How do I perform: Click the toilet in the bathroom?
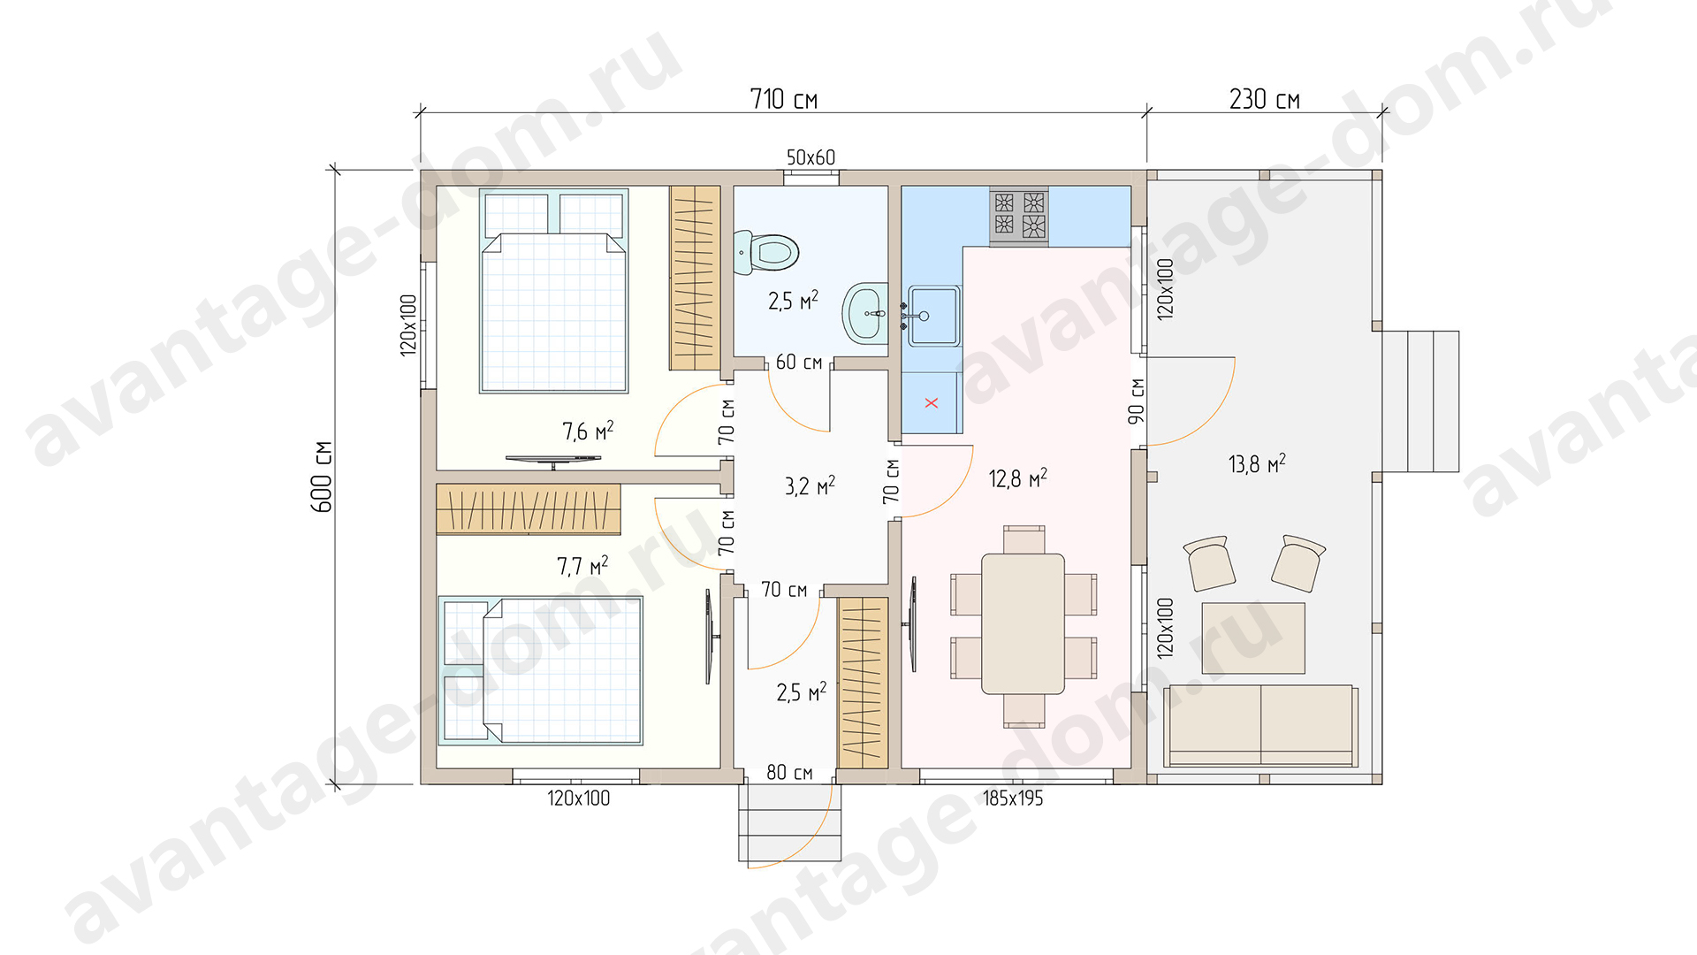(766, 252)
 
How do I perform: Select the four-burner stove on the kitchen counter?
(1019, 214)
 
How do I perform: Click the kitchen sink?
(932, 316)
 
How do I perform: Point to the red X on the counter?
(931, 403)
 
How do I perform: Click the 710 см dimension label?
(783, 99)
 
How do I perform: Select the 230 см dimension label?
(1264, 99)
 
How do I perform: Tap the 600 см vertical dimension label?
(323, 477)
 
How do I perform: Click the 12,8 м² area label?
(1017, 478)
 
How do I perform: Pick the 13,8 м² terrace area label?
(1257, 463)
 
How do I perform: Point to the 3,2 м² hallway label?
(810, 485)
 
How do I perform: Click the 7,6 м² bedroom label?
(588, 431)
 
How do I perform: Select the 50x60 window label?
(810, 157)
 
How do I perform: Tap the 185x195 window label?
(1013, 798)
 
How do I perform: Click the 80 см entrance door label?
(789, 772)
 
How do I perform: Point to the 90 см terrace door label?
(1137, 401)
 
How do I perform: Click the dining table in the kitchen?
(1024, 624)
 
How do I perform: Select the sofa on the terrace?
(1261, 725)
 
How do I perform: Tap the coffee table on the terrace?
(1253, 638)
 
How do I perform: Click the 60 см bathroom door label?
(798, 362)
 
